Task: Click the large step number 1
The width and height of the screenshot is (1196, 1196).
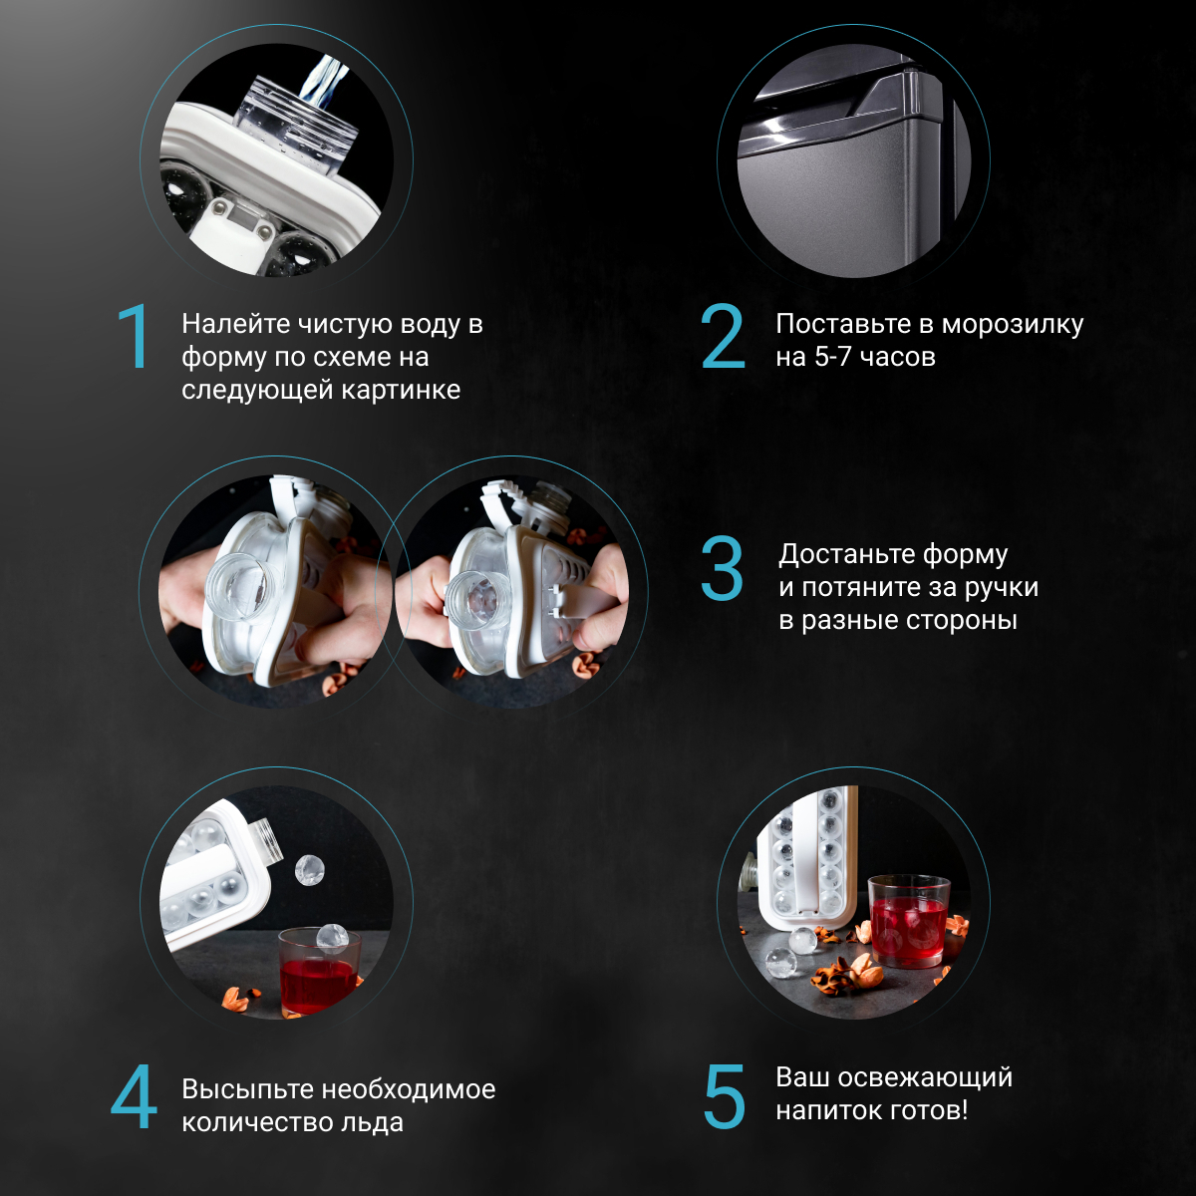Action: point(135,337)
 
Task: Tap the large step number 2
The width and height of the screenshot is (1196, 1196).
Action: point(723,337)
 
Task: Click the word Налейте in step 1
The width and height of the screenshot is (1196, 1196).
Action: point(236,324)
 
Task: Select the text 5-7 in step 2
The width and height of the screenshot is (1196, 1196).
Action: point(833,357)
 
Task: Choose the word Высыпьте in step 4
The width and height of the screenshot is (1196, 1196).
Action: point(247,1090)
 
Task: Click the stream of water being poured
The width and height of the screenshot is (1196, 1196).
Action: point(324,81)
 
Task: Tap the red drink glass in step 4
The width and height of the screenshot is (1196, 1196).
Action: point(318,971)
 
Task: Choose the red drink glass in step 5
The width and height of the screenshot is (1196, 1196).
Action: point(909,921)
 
